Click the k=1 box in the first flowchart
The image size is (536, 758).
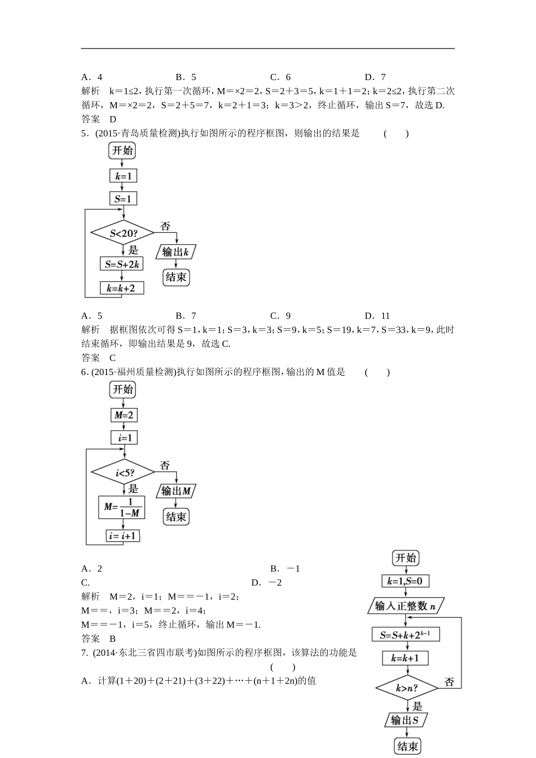[123, 176]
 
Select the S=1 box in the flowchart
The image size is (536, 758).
[123, 199]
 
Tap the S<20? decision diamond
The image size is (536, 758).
[123, 233]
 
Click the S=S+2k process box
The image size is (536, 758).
[122, 264]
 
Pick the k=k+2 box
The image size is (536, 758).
[121, 288]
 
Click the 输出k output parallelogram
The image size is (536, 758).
[175, 252]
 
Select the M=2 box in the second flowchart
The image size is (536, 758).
[124, 415]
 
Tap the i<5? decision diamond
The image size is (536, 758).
[123, 472]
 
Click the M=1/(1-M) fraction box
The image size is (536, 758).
[121, 507]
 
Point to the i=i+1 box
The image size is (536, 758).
[122, 535]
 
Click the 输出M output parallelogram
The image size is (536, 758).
[175, 491]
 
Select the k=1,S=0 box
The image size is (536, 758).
[406, 581]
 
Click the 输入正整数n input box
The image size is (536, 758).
[406, 606]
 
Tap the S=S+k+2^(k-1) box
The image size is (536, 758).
[406, 635]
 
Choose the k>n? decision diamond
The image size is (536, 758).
[406, 688]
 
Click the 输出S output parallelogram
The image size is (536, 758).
[406, 720]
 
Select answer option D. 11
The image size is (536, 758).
[377, 316]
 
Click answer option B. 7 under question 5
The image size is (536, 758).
[186, 316]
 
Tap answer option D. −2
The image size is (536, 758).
[267, 583]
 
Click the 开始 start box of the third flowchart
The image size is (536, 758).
[406, 558]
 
